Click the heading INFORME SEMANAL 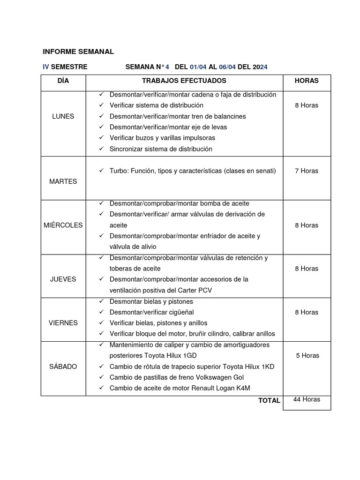pyautogui.click(x=78, y=52)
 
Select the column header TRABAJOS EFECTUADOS pyautogui.click(x=184, y=81)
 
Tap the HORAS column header pyautogui.click(x=307, y=81)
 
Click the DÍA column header pyautogui.click(x=63, y=81)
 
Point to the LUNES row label pyautogui.click(x=63, y=116)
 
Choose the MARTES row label pyautogui.click(x=63, y=181)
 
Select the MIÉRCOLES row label pyautogui.click(x=63, y=225)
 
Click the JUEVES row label pyautogui.click(x=63, y=279)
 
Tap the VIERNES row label pyautogui.click(x=63, y=323)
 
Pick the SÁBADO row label pyautogui.click(x=63, y=366)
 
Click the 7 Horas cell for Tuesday pyautogui.click(x=307, y=171)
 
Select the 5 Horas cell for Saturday pyautogui.click(x=307, y=355)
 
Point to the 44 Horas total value pyautogui.click(x=307, y=399)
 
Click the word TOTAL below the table pyautogui.click(x=269, y=400)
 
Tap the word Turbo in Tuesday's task pyautogui.click(x=118, y=171)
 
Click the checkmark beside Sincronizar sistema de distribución pyautogui.click(x=101, y=149)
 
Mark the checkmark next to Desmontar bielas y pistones pyautogui.click(x=101, y=301)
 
